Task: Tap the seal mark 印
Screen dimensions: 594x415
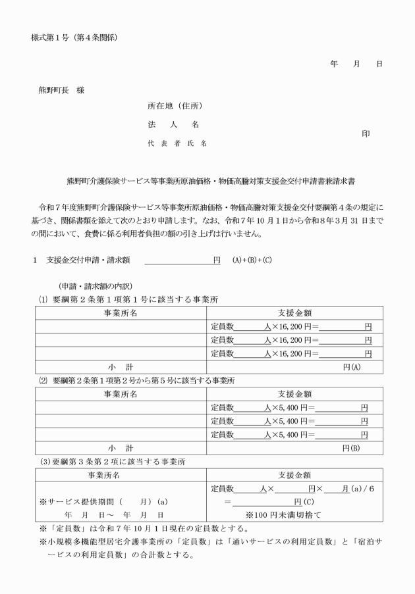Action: click(366, 134)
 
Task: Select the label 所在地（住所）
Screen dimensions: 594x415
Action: click(175, 106)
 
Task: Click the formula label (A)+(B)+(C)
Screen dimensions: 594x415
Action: click(252, 260)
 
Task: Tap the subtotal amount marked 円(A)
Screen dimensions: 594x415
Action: click(348, 366)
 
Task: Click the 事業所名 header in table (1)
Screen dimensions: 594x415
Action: click(121, 312)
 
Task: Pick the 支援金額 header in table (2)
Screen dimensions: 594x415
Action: click(294, 394)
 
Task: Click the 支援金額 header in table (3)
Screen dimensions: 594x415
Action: click(294, 475)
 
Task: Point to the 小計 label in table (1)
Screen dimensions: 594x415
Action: click(121, 366)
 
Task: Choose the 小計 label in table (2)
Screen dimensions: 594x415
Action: click(121, 448)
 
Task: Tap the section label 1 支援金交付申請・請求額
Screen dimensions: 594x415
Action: click(82, 260)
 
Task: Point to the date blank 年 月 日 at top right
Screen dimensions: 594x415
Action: click(356, 64)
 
